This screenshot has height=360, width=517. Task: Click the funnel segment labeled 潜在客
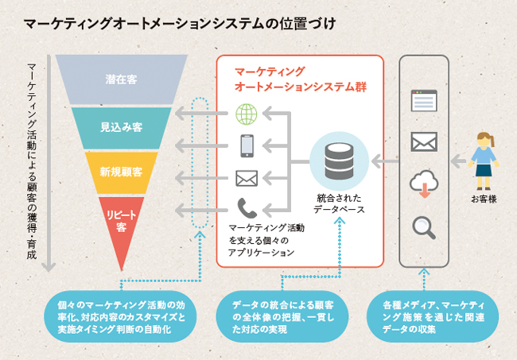tap(122, 79)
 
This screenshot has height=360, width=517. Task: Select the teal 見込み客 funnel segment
tap(122, 128)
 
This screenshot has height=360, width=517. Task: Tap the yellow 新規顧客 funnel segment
tap(122, 172)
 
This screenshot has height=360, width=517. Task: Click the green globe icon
tap(247, 114)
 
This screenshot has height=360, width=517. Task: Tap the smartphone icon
tap(247, 145)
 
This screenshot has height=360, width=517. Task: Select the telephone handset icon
tap(247, 208)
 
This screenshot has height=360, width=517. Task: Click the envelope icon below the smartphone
tap(247, 179)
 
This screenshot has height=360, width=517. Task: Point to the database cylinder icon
tap(339, 161)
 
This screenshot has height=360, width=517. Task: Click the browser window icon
tap(424, 100)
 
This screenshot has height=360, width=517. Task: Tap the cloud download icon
tap(424, 184)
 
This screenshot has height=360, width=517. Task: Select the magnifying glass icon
tap(424, 227)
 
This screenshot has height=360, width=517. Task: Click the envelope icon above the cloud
tap(424, 142)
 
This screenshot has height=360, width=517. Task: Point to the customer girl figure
tap(484, 161)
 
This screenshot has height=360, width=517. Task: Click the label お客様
tap(484, 199)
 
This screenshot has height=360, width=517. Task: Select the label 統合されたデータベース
tap(339, 204)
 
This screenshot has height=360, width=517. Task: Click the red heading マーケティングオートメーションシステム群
tap(301, 79)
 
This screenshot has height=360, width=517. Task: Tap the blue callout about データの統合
tap(282, 317)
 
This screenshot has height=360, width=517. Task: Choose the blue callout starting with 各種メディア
tap(433, 317)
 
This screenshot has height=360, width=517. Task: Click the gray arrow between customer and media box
tap(458, 161)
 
